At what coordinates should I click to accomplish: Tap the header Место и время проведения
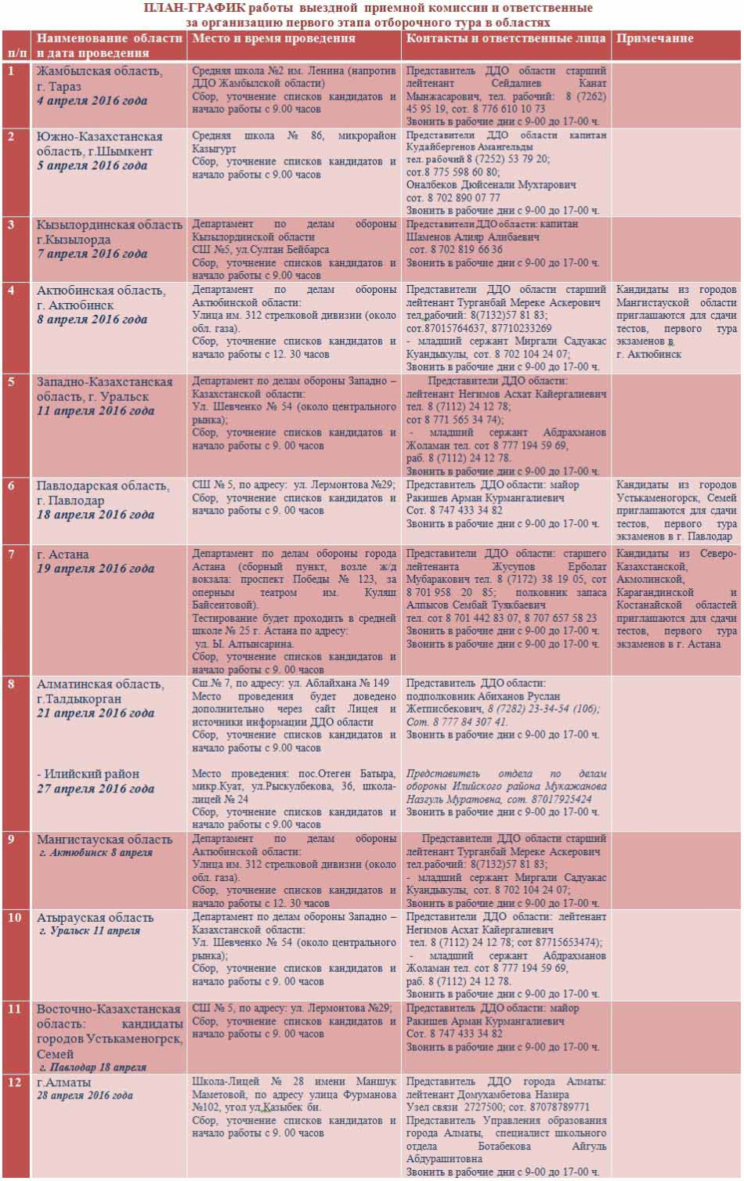pyautogui.click(x=273, y=38)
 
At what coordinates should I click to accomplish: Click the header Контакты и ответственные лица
pyautogui.click(x=506, y=38)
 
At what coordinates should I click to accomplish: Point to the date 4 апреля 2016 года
pyautogui.click(x=92, y=101)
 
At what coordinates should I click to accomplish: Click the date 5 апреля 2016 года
pyautogui.click(x=92, y=166)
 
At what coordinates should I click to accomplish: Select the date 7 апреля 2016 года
pyautogui.click(x=92, y=254)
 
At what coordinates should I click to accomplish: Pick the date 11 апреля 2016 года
pyautogui.click(x=96, y=411)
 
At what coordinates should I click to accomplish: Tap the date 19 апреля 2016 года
pyautogui.click(x=96, y=569)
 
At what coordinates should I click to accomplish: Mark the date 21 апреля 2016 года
pyautogui.click(x=96, y=713)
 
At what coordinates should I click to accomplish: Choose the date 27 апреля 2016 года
pyautogui.click(x=96, y=789)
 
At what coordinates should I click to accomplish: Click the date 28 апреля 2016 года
pyautogui.click(x=85, y=1096)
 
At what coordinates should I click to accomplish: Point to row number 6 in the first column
pyautogui.click(x=11, y=486)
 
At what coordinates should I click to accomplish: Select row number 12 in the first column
pyautogui.click(x=14, y=1082)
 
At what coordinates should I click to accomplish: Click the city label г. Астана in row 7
pyautogui.click(x=63, y=554)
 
